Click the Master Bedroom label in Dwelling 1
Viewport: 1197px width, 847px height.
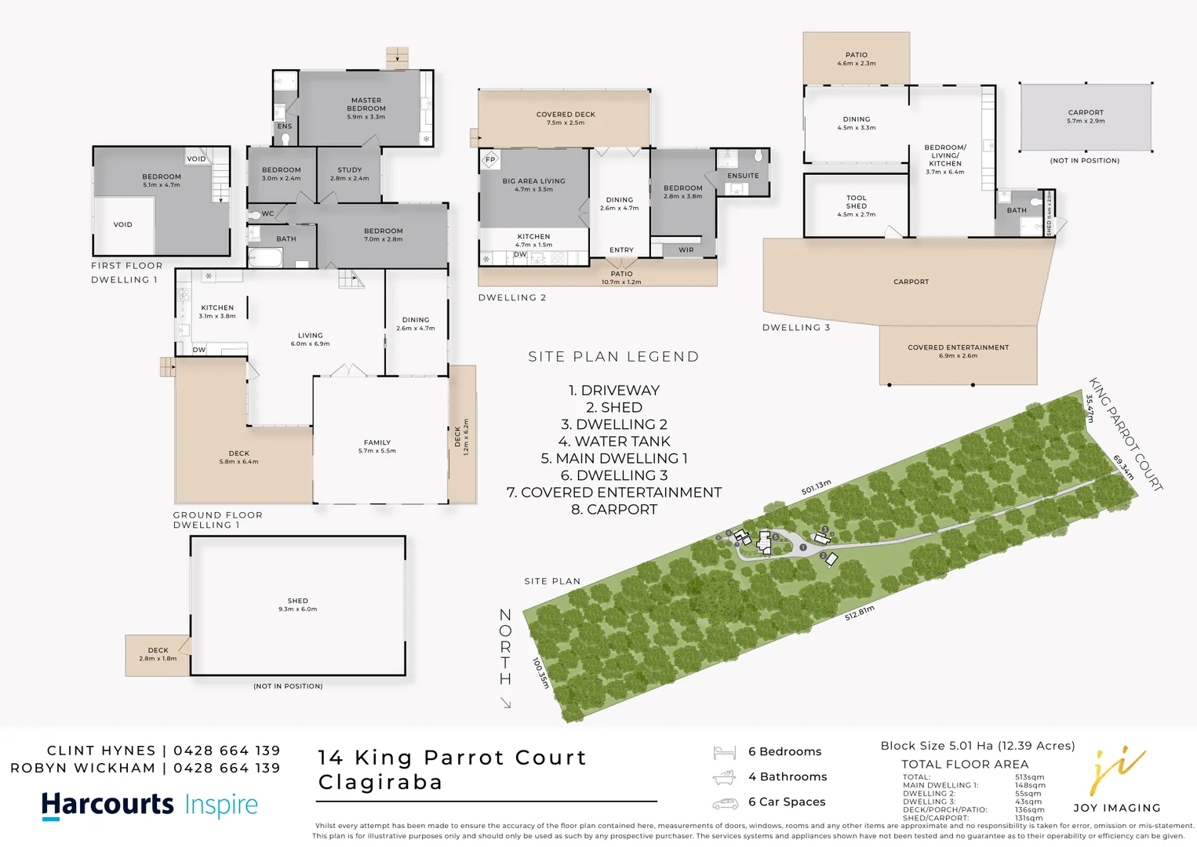coord(366,104)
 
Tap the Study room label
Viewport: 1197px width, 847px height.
coord(350,169)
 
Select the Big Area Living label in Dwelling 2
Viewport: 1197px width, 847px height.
coord(533,181)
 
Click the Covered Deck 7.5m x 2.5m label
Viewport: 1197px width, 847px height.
coord(566,115)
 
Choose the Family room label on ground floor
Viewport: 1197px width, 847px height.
coord(377,442)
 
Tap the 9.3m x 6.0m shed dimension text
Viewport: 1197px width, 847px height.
coord(297,609)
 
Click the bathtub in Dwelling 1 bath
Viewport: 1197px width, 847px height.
coord(264,257)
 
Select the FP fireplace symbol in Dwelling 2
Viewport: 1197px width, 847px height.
coord(490,159)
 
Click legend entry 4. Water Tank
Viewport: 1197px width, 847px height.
coord(614,442)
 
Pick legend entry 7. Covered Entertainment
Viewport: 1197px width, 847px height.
coord(614,493)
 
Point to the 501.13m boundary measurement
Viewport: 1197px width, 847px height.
coord(816,488)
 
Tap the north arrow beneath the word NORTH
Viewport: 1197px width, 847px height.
coord(506,703)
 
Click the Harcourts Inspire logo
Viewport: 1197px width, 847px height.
coord(149,805)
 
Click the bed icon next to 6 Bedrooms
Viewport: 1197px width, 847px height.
coord(724,753)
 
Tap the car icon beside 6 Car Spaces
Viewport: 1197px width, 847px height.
coord(725,804)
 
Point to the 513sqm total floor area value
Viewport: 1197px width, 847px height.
coord(1029,777)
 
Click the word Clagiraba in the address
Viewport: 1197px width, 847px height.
coord(380,782)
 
